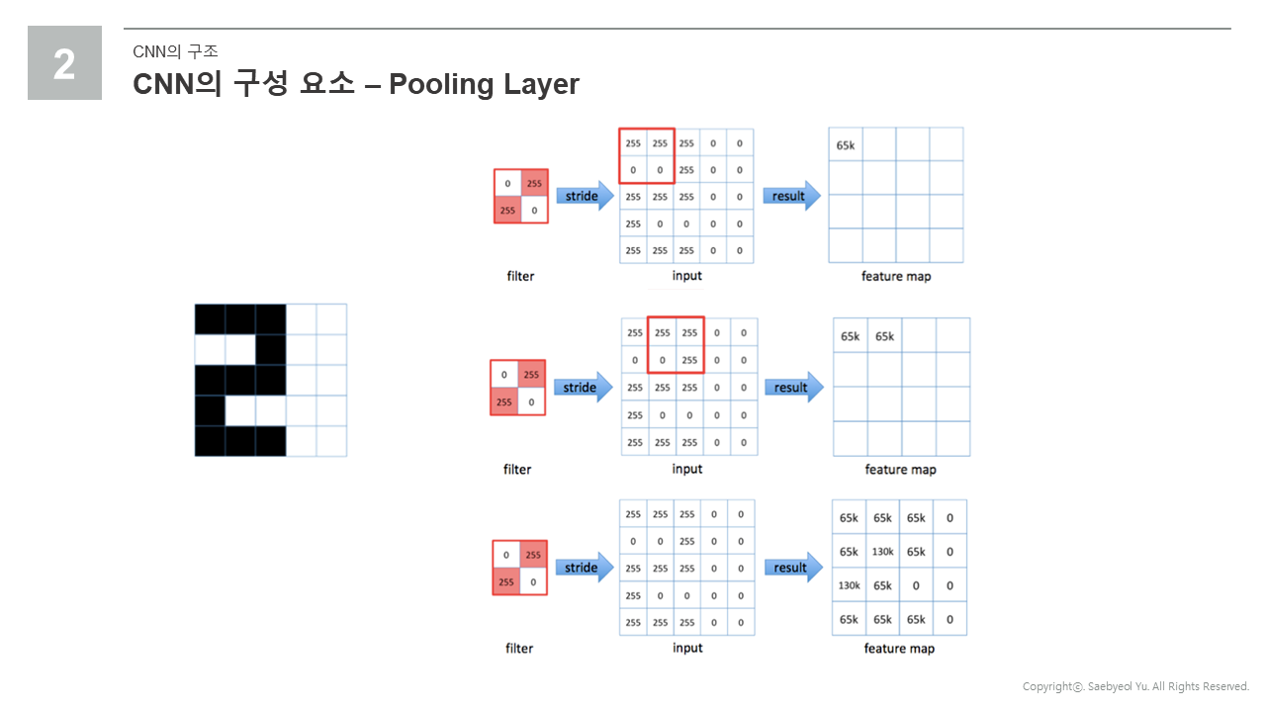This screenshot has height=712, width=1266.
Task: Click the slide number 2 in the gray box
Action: [64, 64]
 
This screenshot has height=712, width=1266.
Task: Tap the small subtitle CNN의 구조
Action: [175, 51]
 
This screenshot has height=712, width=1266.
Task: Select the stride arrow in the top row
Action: [585, 196]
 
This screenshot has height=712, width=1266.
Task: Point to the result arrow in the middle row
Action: [794, 387]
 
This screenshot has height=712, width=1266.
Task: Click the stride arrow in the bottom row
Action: [585, 568]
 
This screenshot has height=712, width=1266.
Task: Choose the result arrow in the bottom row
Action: [793, 568]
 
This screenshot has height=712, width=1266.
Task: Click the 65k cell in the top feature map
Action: [846, 144]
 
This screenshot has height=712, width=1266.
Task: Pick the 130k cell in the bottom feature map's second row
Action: [883, 552]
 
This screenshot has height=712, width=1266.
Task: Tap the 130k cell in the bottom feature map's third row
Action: [849, 585]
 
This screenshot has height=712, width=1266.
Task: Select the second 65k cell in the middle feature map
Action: [884, 336]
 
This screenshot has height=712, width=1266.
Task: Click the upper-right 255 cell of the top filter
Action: [534, 183]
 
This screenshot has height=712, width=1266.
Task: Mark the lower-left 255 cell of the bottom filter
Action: [506, 581]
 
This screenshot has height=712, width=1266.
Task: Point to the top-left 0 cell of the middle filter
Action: [504, 374]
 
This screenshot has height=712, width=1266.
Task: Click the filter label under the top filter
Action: [520, 276]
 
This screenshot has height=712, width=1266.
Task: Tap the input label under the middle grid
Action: [687, 469]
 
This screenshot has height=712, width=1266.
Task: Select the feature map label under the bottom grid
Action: [899, 648]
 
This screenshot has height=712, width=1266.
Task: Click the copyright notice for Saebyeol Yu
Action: [1135, 686]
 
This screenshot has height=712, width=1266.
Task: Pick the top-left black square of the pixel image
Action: [211, 319]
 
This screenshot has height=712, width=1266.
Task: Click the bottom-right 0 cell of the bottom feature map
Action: [949, 619]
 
